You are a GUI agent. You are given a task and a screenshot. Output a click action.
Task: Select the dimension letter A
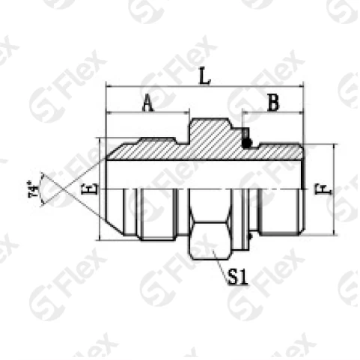[147, 104]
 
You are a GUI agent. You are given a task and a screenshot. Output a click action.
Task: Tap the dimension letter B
[274, 103]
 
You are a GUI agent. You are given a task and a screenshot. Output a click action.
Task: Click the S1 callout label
[238, 279]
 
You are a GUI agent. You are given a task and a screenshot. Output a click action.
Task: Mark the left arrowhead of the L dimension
[111, 88]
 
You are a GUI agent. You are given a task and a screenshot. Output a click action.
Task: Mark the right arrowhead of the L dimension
[299, 88]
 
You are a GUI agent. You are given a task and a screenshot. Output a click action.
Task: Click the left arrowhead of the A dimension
[111, 114]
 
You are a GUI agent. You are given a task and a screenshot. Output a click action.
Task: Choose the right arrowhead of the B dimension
[299, 114]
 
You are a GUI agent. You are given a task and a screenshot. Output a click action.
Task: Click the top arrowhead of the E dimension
[99, 141]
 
